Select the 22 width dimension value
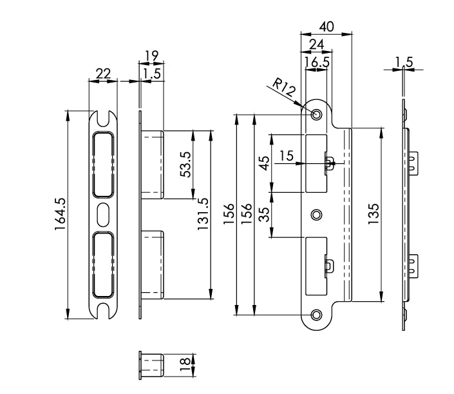pyautogui.click(x=102, y=74)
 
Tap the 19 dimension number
pyautogui.click(x=151, y=57)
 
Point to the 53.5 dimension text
pyautogui.click(x=184, y=165)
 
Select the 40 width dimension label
pyautogui.click(x=326, y=27)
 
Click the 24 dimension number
pyautogui.click(x=316, y=44)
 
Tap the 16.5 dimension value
pyautogui.click(x=316, y=62)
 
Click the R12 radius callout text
pyautogui.click(x=284, y=88)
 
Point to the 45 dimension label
pyautogui.click(x=263, y=162)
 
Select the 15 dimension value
pyautogui.click(x=287, y=155)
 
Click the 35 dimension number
pyautogui.click(x=263, y=213)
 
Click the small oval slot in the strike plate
pyautogui.click(x=103, y=213)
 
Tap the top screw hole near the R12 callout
pyautogui.click(x=316, y=114)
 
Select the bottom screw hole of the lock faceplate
pyautogui.click(x=316, y=314)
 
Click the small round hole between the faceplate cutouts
pyautogui.click(x=316, y=214)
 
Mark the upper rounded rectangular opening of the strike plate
pyautogui.click(x=103, y=164)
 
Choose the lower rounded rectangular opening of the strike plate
pyautogui.click(x=103, y=264)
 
